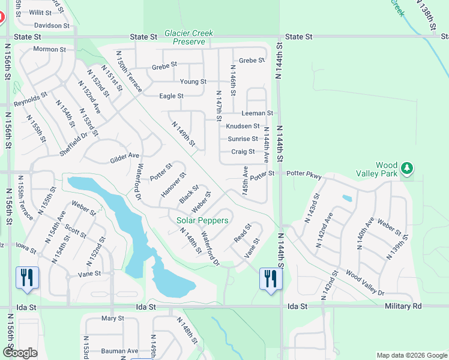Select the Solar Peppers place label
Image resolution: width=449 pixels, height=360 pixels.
pos(202,220)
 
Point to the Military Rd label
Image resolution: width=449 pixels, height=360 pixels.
pos(402,306)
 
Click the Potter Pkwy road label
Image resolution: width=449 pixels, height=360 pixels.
pos(304,176)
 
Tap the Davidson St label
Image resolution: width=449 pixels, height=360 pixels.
pos(52,25)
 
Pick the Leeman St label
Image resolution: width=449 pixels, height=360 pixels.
pos(257,113)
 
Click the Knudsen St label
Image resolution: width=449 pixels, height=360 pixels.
pos(243,126)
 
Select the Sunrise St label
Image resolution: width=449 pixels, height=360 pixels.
pos(243,139)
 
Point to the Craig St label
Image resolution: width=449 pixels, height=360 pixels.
pos(243,152)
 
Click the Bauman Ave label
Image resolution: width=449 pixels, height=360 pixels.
pos(119,350)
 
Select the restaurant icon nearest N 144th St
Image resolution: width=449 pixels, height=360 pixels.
pos(270,279)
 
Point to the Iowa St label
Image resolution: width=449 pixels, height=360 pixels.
pos(26,245)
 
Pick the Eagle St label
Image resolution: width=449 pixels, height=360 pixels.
pos(171,96)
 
